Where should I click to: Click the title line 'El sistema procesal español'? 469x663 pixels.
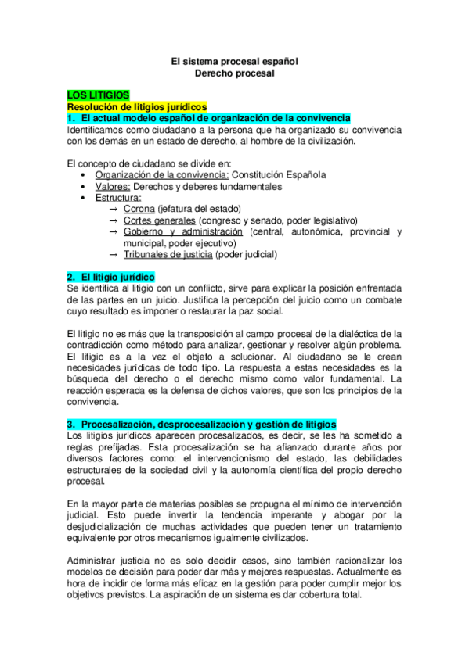pyautogui.click(x=235, y=60)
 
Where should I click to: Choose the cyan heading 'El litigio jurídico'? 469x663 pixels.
pyautogui.click(x=111, y=278)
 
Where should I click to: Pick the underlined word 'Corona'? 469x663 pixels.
pyautogui.click(x=139, y=210)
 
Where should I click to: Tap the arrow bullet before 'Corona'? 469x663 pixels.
pyautogui.click(x=115, y=210)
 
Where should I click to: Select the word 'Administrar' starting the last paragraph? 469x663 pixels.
pyautogui.click(x=92, y=561)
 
